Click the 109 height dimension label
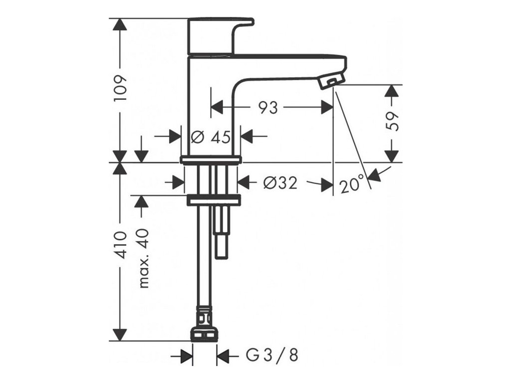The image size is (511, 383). coord(120,89)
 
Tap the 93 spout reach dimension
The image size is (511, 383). coord(268,107)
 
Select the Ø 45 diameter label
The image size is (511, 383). coord(211,136)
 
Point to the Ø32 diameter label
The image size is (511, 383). coord(280,183)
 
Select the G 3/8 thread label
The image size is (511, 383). coord(272,356)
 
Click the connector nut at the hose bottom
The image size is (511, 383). coord(205,333)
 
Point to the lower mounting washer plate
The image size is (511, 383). coord(214,200)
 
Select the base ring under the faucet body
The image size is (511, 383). coord(211,160)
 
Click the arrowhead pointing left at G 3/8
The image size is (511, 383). coord(223,356)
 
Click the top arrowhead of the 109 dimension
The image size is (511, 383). coord(120,25)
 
